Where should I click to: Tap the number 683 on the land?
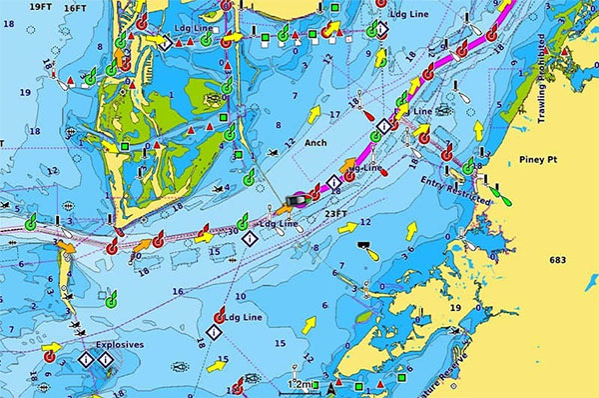(557, 260)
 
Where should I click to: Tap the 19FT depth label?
(41, 7)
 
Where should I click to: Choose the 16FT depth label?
(76, 7)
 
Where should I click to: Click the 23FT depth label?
(336, 212)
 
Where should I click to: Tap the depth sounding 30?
(233, 231)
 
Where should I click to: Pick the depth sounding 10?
(240, 297)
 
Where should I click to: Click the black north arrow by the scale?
(331, 387)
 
